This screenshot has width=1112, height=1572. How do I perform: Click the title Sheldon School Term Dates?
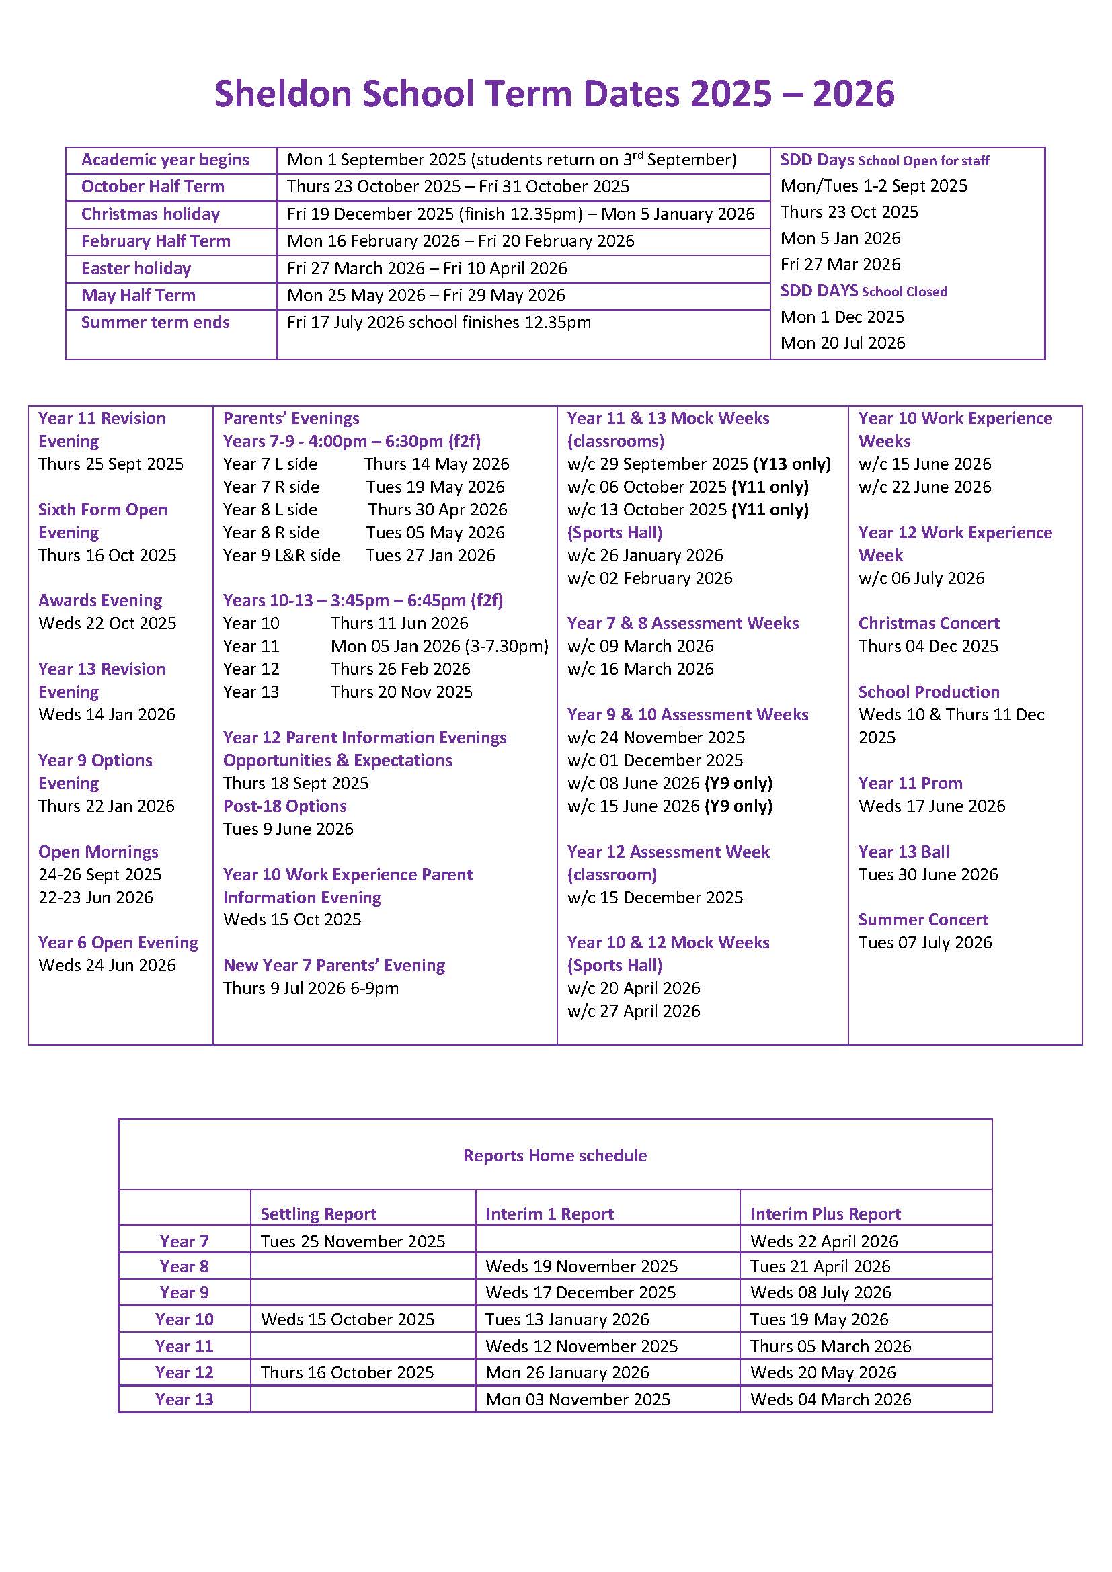coord(554,94)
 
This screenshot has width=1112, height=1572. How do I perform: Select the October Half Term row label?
coord(153,186)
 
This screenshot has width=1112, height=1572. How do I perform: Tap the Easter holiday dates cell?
coord(427,268)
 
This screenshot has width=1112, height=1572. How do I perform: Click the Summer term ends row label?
coord(155,323)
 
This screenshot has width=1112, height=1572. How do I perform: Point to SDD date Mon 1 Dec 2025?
coord(842,317)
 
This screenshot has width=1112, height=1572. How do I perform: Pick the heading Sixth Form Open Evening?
coord(103,521)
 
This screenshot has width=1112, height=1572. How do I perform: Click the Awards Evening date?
coord(108,624)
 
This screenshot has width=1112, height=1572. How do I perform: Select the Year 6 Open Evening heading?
coord(118,943)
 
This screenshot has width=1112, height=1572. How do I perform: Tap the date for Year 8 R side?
coord(435,533)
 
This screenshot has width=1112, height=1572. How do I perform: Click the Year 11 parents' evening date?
coord(439,647)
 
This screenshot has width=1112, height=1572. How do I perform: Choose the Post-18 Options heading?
coord(285,806)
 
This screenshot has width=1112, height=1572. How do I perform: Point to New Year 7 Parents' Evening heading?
coord(334,965)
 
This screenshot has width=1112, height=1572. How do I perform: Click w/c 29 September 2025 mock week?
coord(699,464)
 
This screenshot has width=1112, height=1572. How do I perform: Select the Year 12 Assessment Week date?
coord(655,898)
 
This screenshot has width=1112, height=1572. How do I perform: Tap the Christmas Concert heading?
coord(928,624)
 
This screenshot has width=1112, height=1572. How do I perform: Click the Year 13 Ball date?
coord(928,874)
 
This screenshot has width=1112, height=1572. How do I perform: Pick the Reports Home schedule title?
coord(555,1156)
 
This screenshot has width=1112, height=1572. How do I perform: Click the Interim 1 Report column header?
coord(549,1214)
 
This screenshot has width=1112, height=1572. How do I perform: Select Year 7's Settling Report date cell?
coord(353,1241)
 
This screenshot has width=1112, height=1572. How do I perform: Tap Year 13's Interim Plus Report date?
coord(830,1399)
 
